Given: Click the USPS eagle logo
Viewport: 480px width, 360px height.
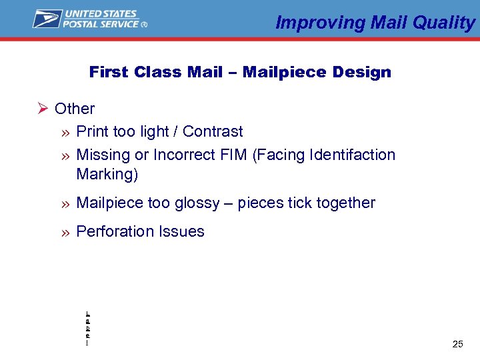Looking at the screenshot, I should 47,19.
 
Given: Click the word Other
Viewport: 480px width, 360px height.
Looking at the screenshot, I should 75,109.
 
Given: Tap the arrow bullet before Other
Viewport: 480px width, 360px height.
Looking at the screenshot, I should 42,109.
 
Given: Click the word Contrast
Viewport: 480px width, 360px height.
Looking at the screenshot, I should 213,131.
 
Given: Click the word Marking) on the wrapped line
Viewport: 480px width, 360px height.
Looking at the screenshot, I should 107,175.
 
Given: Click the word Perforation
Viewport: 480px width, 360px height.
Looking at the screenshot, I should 115,232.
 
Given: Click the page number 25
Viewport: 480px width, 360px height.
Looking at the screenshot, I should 457,344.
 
